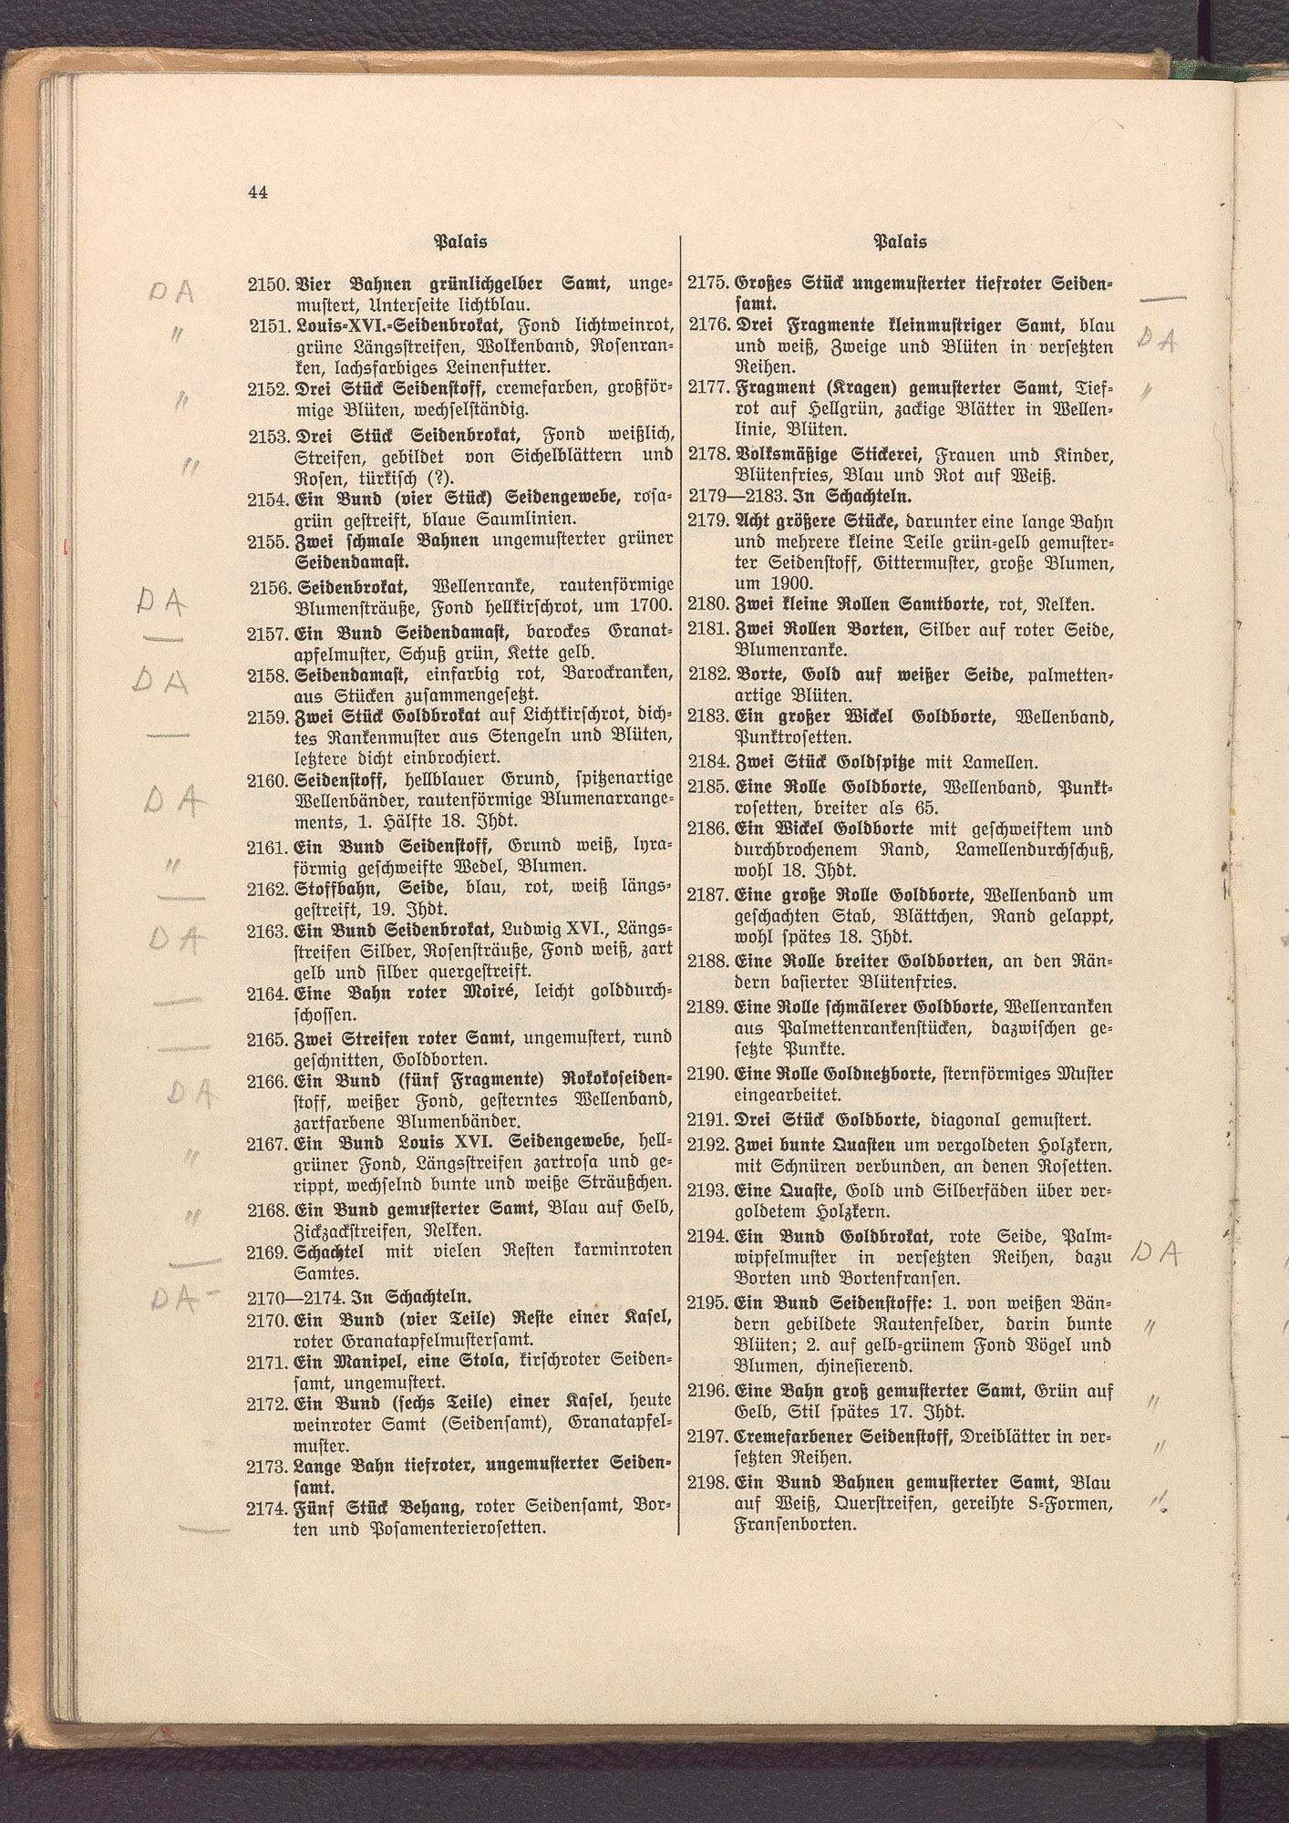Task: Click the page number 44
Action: pos(256,191)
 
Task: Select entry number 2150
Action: pos(267,285)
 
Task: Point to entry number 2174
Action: pos(267,1509)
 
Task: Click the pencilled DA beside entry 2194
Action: pos(1155,1255)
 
